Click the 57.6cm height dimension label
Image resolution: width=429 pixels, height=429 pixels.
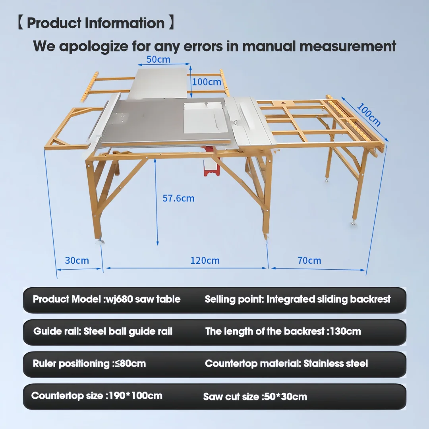[x=178, y=198]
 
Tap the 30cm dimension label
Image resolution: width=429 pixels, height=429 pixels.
[x=77, y=260]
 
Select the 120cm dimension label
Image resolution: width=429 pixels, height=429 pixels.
[x=205, y=260]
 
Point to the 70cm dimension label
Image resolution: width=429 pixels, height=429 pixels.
[x=309, y=260]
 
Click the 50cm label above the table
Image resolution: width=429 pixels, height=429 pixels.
[x=158, y=59]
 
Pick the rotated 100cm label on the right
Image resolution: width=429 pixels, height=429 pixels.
[x=369, y=115]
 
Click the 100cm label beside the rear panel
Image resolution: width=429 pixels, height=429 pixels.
[x=207, y=82]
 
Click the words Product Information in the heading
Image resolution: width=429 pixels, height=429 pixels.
[x=96, y=23]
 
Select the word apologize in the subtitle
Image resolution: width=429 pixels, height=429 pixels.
[x=94, y=46]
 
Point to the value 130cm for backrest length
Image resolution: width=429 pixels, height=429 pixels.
[x=345, y=331]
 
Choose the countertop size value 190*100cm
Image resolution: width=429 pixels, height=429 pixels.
[x=135, y=396]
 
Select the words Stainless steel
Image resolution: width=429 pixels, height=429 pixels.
[x=336, y=363]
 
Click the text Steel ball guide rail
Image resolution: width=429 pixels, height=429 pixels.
[x=128, y=332]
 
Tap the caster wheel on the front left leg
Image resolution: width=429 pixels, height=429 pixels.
[x=100, y=241]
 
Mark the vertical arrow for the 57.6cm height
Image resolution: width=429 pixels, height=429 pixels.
[x=156, y=202]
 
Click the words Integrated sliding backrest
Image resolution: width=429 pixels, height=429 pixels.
[x=329, y=300]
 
